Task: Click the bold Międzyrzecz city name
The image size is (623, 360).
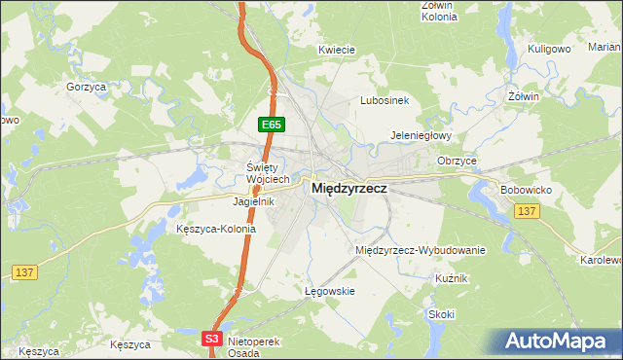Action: coord(349,191)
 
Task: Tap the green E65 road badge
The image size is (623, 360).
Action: coord(271,125)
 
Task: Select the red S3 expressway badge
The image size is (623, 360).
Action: coord(213,338)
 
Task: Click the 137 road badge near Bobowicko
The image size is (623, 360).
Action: coord(527,211)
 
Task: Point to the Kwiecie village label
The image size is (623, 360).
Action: coord(336,49)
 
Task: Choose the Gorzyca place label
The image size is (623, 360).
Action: coord(86,87)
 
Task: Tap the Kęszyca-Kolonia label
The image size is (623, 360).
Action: coord(216,230)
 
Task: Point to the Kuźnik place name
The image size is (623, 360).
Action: coord(454,278)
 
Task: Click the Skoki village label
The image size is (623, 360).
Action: coord(441,314)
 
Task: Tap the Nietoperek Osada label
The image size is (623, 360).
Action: coord(252,347)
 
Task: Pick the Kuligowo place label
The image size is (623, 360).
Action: coord(547,48)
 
